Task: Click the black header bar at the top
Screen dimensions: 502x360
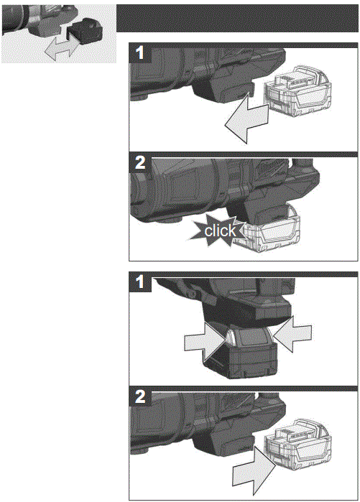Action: [237, 18]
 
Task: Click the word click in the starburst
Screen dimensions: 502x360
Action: [220, 231]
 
